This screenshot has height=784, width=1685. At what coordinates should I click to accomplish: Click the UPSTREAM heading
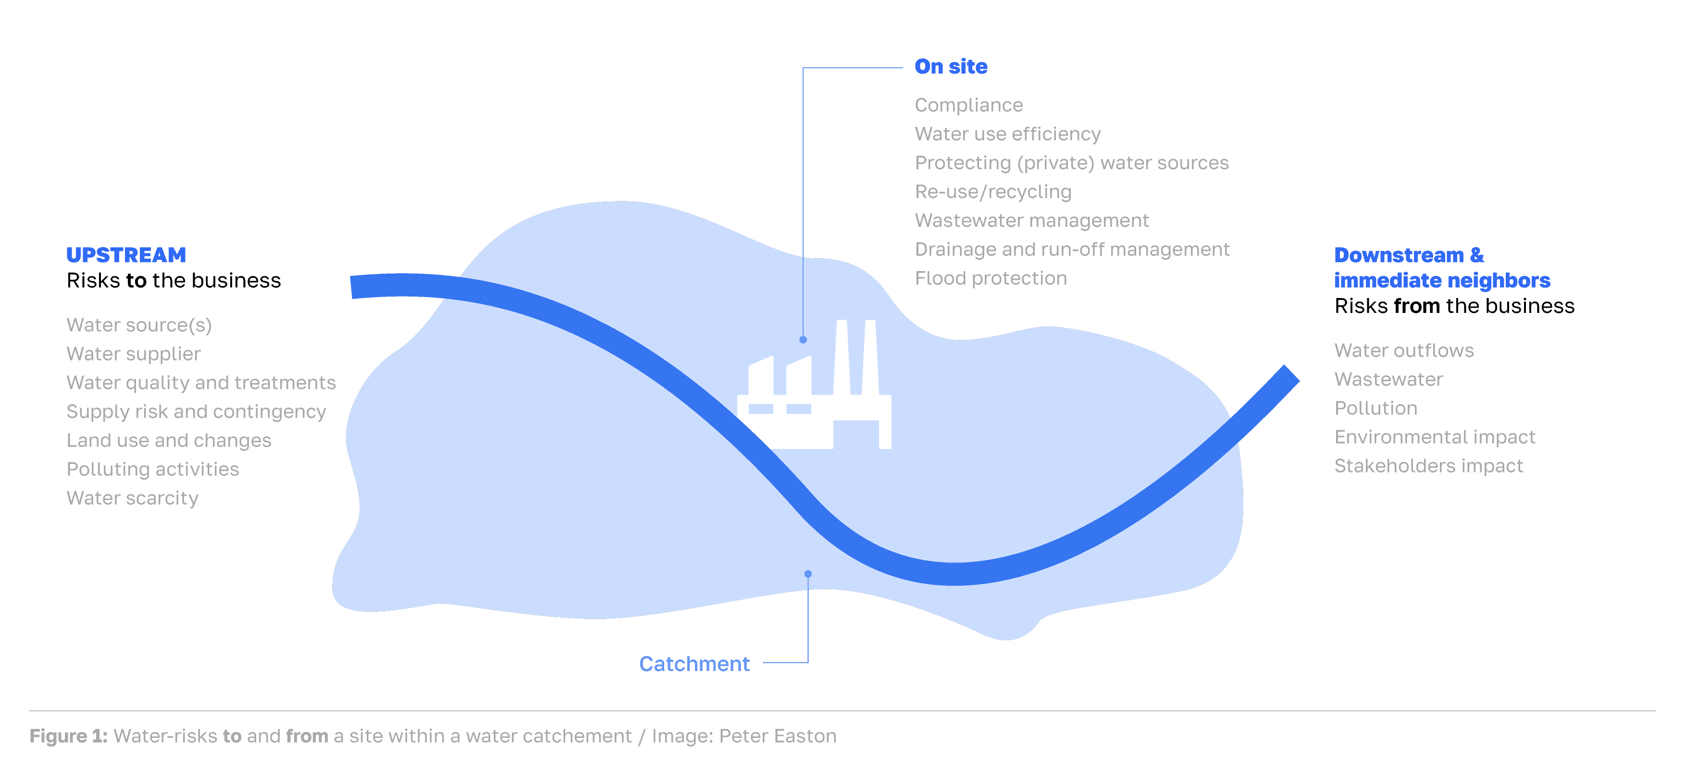pyautogui.click(x=126, y=255)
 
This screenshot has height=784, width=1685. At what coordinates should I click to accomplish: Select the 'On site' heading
pyautogui.click(x=951, y=67)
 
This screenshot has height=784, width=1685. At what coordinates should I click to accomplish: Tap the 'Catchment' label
pyautogui.click(x=694, y=663)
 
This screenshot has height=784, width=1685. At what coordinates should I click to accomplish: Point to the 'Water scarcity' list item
pyautogui.click(x=132, y=498)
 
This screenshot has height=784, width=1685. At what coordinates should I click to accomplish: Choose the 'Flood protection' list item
pyautogui.click(x=991, y=278)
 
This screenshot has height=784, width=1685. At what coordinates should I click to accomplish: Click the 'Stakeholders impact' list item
pyautogui.click(x=1428, y=466)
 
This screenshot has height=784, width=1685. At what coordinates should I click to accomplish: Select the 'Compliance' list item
pyautogui.click(x=968, y=105)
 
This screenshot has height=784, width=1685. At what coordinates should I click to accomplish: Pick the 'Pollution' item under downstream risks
pyautogui.click(x=1375, y=409)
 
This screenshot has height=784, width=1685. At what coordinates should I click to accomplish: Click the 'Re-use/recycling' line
pyautogui.click(x=993, y=192)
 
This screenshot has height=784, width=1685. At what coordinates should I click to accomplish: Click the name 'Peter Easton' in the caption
pyautogui.click(x=777, y=736)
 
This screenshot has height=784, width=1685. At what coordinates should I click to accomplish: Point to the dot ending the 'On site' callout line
pyautogui.click(x=803, y=340)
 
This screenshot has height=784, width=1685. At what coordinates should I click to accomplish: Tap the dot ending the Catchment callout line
pyautogui.click(x=808, y=574)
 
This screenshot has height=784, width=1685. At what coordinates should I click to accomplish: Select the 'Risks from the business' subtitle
pyautogui.click(x=1454, y=306)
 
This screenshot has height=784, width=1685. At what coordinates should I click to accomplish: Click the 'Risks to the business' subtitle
pyautogui.click(x=173, y=281)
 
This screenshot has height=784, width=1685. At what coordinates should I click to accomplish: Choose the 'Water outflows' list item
pyautogui.click(x=1404, y=351)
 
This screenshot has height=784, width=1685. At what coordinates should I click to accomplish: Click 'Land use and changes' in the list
pyautogui.click(x=169, y=440)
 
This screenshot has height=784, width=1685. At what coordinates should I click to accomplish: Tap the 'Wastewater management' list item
pyautogui.click(x=1031, y=221)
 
